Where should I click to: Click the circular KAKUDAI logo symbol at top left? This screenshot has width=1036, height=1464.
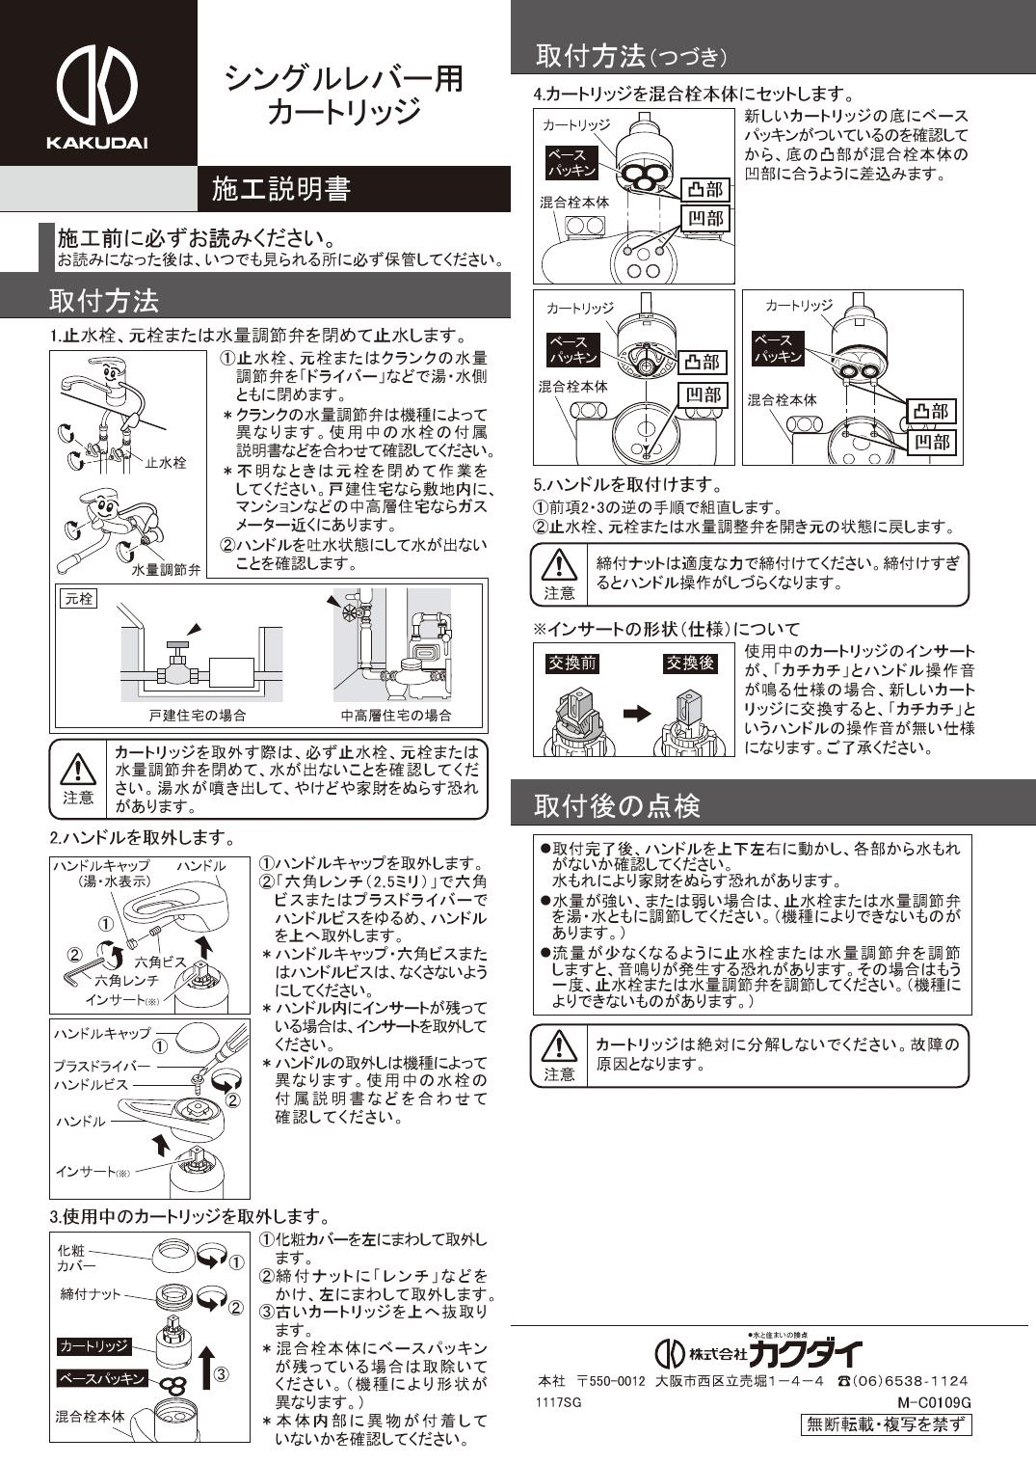(x=96, y=80)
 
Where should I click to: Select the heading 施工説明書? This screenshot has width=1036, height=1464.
(x=280, y=189)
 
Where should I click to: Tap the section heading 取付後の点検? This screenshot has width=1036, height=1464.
(x=617, y=805)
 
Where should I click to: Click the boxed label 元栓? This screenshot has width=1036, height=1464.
(x=78, y=599)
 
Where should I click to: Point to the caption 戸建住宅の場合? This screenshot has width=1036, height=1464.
(x=197, y=716)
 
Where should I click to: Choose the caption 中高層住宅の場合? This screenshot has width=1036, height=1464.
(x=396, y=716)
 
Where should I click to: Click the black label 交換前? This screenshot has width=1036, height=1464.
(x=574, y=664)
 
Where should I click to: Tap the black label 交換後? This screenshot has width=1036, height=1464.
(x=690, y=664)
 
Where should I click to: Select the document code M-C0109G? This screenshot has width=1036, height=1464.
(x=933, y=1401)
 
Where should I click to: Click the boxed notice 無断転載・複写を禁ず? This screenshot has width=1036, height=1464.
(x=886, y=1424)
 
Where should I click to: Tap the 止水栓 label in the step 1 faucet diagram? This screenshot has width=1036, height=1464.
(x=166, y=463)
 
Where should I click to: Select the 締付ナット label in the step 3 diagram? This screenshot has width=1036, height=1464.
(x=91, y=1294)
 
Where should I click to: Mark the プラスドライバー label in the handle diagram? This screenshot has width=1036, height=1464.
(x=102, y=1066)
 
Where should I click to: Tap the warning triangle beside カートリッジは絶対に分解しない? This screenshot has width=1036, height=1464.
(x=558, y=1045)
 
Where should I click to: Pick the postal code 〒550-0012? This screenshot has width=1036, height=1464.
(x=611, y=1381)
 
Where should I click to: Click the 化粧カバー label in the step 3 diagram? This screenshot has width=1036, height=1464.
(x=76, y=1258)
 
